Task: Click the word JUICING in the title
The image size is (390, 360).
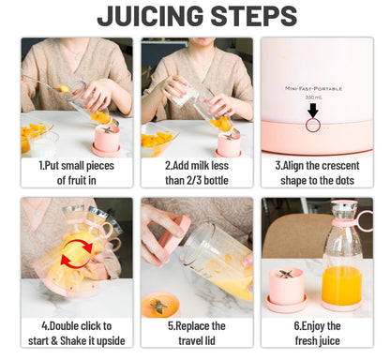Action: (x=151, y=16)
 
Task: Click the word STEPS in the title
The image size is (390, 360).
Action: (x=254, y=16)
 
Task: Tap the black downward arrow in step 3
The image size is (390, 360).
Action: (x=313, y=111)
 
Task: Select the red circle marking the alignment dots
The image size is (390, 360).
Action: (x=313, y=125)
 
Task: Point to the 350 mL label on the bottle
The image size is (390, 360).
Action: (x=313, y=97)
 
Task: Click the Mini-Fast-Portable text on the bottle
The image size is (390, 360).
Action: (x=313, y=89)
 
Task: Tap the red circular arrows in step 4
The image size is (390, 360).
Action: (x=77, y=253)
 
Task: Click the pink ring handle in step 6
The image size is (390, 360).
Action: (x=365, y=220)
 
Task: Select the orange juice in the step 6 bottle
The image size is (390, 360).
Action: (x=341, y=285)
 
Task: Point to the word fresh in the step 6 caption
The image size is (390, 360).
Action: (x=306, y=340)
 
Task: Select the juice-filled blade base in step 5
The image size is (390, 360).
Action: (x=160, y=305)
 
